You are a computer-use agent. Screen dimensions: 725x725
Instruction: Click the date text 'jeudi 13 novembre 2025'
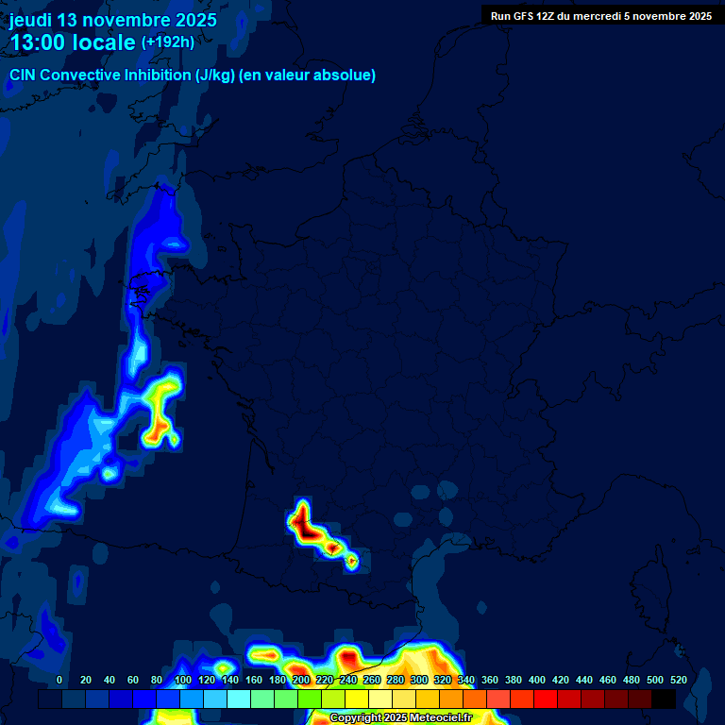113,20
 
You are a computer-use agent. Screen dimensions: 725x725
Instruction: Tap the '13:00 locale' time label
74,42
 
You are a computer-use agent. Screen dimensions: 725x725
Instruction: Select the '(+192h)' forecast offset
167,42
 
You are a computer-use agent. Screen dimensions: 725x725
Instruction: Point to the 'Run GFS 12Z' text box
601,16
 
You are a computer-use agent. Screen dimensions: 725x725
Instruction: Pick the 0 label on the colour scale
59,680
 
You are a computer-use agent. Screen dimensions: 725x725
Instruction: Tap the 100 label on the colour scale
183,680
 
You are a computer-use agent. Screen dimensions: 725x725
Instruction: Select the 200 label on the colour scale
301,680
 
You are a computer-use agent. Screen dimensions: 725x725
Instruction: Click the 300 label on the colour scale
419,680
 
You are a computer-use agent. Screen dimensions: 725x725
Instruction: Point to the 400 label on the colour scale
537,680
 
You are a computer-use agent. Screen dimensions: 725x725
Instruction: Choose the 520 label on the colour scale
679,680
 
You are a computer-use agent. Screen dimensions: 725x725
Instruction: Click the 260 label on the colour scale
372,680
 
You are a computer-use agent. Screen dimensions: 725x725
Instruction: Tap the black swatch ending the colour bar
664,700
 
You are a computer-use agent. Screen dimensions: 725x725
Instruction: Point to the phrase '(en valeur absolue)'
308,76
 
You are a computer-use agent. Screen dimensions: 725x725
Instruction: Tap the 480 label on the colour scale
632,680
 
